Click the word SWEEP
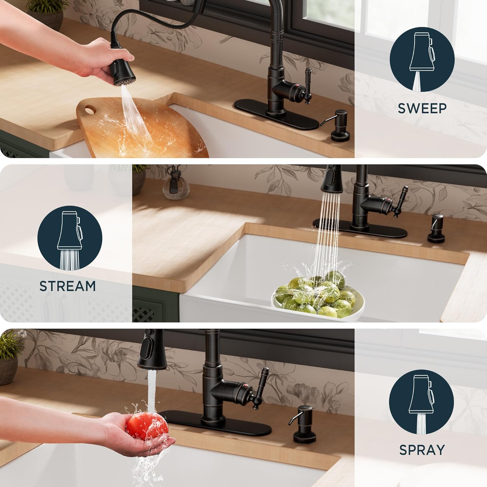(x=422, y=108)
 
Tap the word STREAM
(x=68, y=286)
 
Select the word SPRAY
(x=422, y=450)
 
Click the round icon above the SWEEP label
(x=422, y=59)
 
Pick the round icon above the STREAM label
(x=70, y=238)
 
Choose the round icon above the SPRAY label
(x=421, y=402)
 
